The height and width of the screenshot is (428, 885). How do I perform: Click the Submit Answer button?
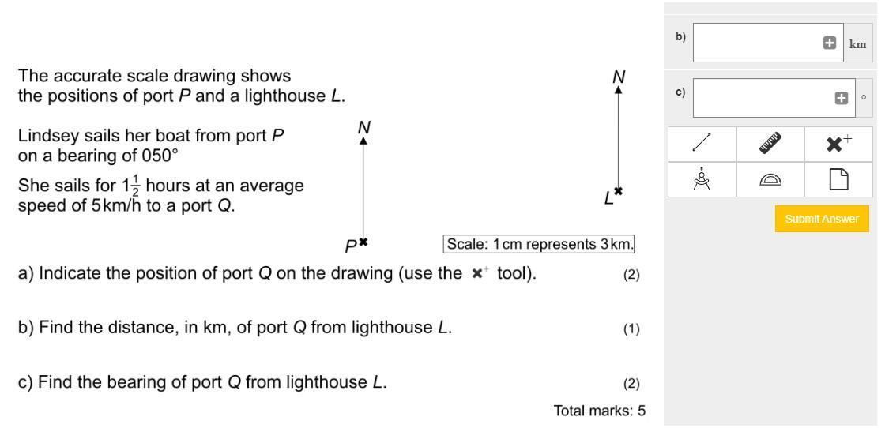tap(821, 219)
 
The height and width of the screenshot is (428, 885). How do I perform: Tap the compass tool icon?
tap(702, 180)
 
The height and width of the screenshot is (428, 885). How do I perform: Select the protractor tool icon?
tap(770, 181)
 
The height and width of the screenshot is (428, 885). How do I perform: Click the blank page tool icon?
tap(838, 180)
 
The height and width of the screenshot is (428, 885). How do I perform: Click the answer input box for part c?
tap(759, 98)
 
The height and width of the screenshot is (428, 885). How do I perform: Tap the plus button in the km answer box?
tap(830, 43)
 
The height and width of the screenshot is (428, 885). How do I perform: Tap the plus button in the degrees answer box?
tap(842, 98)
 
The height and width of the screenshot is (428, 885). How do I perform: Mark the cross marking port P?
tap(363, 242)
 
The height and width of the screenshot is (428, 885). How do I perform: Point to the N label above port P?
tap(363, 126)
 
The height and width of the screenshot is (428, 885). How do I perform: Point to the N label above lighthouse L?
tap(619, 77)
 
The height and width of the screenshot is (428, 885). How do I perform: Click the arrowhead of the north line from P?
tap(363, 140)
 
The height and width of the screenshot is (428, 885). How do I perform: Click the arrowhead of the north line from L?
tap(619, 90)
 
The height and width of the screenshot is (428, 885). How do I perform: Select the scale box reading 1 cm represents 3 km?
tap(540, 244)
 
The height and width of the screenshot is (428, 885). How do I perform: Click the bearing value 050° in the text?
tap(153, 155)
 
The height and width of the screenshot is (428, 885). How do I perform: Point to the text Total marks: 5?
tap(600, 410)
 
